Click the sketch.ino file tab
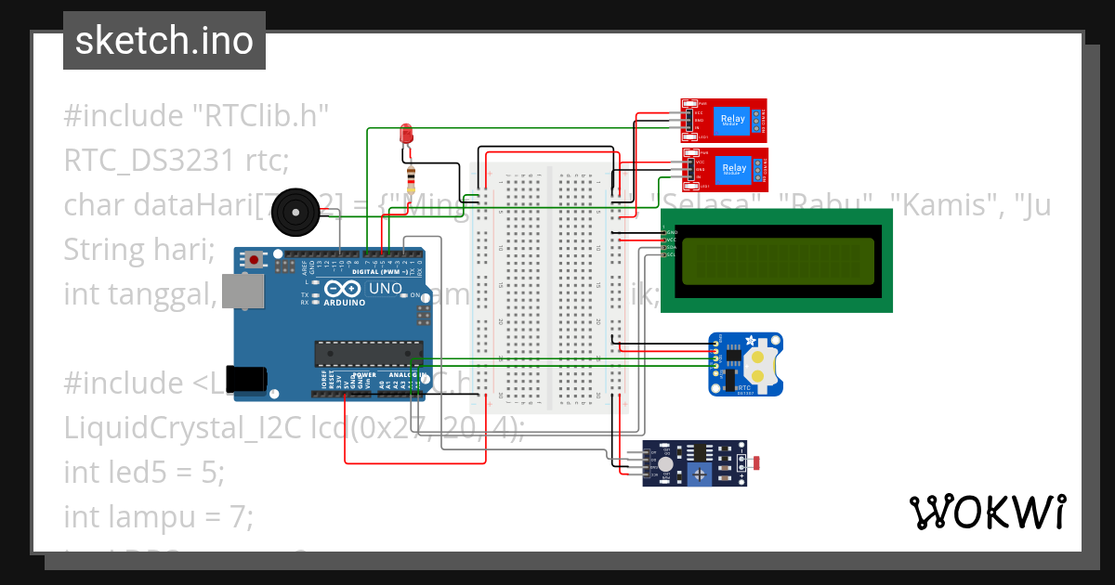(x=164, y=41)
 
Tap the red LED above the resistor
(x=406, y=134)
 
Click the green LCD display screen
(x=776, y=261)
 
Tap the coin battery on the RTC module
(x=762, y=365)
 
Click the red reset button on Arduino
(x=254, y=262)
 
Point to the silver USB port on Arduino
(x=241, y=292)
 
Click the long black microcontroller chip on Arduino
(x=364, y=353)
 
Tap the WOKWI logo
(x=987, y=512)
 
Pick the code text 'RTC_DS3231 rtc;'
(x=177, y=161)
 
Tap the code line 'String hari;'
(x=138, y=250)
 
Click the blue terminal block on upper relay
(x=758, y=119)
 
